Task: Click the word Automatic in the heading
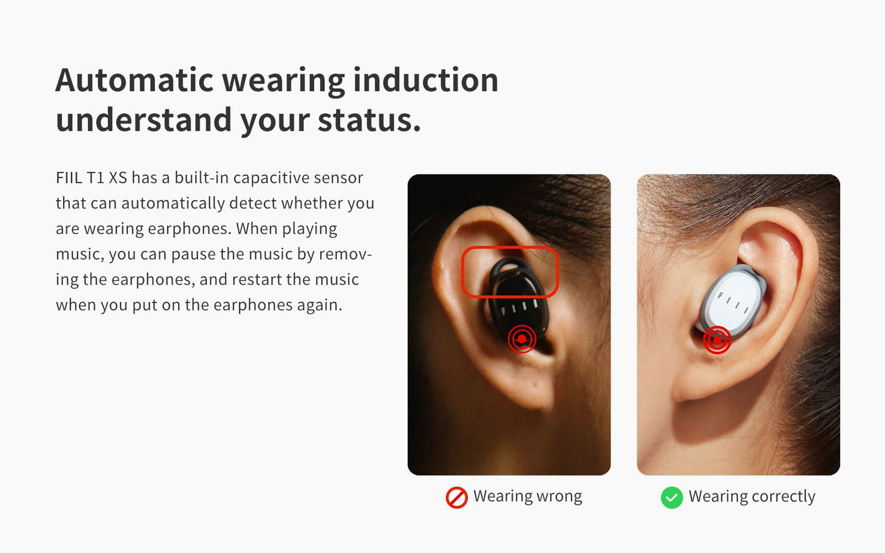point(134,80)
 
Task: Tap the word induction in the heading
point(426,80)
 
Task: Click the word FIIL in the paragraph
point(69,178)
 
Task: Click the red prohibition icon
point(457,497)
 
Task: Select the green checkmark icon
point(672,497)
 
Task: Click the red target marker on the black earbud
point(522,339)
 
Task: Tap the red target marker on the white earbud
point(717,340)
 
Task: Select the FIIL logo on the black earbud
point(519,307)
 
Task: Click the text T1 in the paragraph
point(95,178)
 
